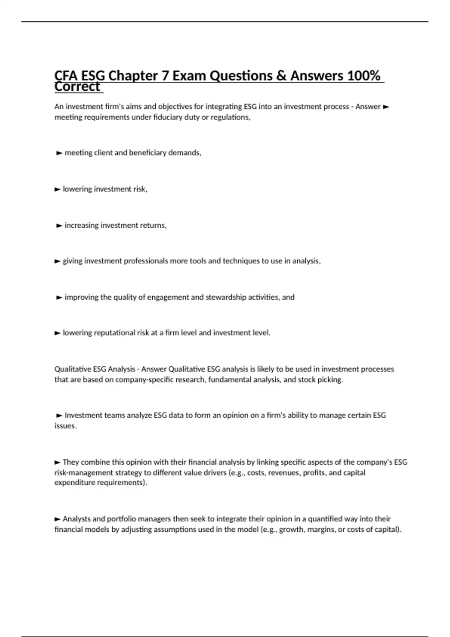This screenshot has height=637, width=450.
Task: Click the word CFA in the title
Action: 66,76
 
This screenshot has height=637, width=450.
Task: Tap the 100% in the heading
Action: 363,76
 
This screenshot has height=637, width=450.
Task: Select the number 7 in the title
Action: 165,76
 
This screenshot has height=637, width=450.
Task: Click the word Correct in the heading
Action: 77,87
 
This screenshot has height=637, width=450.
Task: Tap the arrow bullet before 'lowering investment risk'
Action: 57,189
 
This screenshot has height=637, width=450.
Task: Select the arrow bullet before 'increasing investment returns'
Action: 59,226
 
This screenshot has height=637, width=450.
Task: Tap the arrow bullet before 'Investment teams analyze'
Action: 59,416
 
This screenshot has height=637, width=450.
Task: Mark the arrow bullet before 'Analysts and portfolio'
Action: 57,519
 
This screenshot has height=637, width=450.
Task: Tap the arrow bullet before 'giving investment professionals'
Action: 57,261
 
